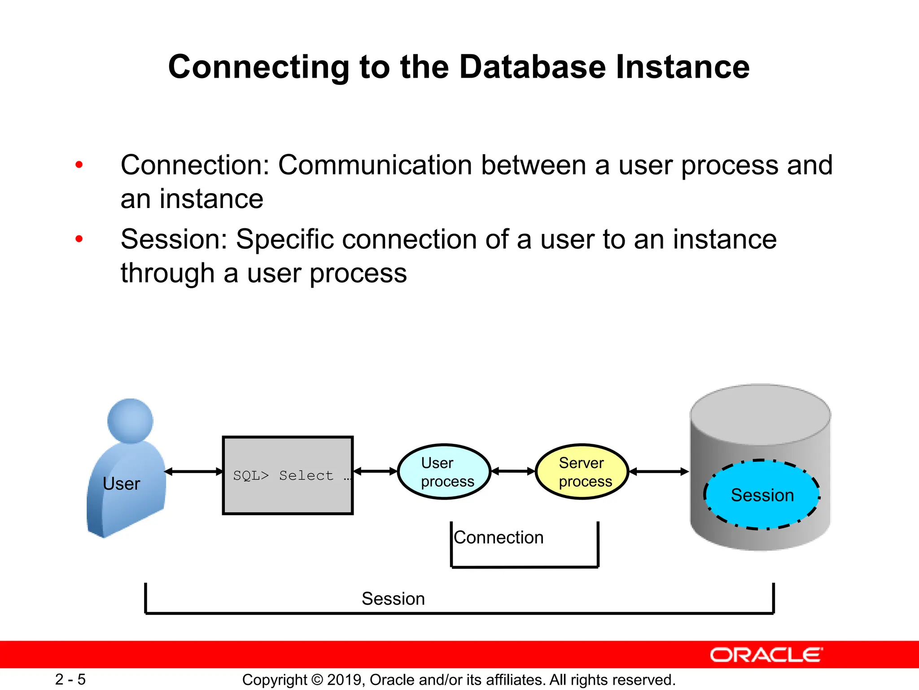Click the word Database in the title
[532, 67]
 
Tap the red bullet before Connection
[79, 165]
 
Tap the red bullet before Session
[79, 239]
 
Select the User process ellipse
[444, 472]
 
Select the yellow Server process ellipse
[582, 472]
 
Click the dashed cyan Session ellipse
[762, 495]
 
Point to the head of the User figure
[130, 420]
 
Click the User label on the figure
[121, 484]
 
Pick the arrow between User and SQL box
[194, 471]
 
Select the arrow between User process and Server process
[513, 471]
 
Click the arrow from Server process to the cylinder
[659, 471]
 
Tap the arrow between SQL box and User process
[375, 471]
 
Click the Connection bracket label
[499, 537]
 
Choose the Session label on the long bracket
[393, 599]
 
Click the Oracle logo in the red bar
[766, 655]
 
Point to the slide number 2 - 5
[70, 679]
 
